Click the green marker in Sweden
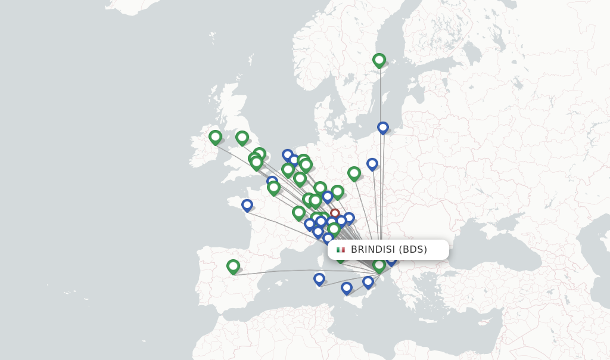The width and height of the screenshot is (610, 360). (379, 60)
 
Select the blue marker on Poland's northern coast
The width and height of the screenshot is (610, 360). (383, 128)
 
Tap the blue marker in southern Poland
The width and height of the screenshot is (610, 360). (372, 163)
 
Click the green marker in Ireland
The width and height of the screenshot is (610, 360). (215, 137)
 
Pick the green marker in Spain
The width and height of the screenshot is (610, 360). (233, 266)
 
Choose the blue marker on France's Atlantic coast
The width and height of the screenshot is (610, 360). (247, 205)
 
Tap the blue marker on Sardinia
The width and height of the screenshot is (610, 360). (319, 279)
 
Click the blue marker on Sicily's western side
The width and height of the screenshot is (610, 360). (347, 288)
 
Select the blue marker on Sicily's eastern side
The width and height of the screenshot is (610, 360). (368, 282)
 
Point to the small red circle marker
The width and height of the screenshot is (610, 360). (335, 213)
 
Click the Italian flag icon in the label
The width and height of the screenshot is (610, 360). (341, 250)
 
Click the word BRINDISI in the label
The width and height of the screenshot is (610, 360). (372, 250)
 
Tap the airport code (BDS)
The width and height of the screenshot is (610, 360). (413, 250)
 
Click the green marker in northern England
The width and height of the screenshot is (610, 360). (242, 138)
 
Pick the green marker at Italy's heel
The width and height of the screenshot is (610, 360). (379, 265)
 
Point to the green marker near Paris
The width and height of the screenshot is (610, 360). (273, 188)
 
